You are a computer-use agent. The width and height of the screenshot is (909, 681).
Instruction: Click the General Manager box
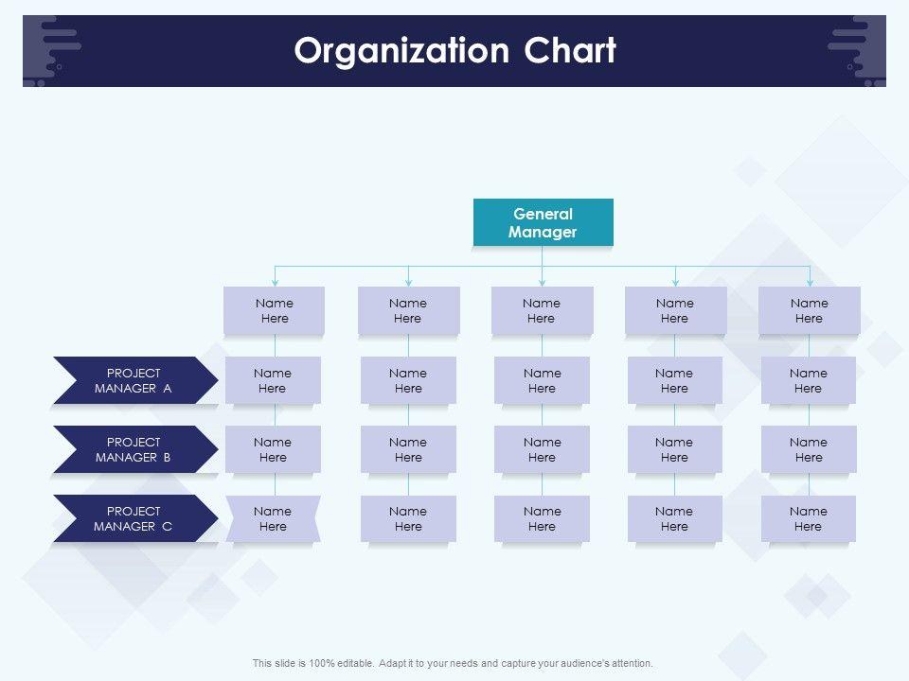point(543,222)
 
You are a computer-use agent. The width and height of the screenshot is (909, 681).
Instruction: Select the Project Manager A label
point(134,380)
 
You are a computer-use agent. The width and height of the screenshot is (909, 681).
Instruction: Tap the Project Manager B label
point(134,449)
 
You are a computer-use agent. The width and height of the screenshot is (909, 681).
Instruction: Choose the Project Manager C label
point(134,518)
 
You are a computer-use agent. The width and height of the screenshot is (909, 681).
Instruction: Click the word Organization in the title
point(401,51)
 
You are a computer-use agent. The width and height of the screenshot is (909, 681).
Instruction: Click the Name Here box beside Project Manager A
point(273,380)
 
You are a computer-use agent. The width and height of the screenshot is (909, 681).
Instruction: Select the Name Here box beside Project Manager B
point(273,449)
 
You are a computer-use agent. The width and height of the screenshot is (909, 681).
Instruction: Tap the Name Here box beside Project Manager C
point(273,518)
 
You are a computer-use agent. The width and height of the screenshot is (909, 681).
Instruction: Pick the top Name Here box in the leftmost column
point(275,310)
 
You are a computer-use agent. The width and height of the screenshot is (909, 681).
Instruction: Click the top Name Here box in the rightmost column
point(809,310)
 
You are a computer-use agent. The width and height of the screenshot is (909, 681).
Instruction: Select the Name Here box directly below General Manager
point(542,310)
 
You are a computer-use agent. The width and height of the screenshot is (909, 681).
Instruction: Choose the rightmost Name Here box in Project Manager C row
point(808,518)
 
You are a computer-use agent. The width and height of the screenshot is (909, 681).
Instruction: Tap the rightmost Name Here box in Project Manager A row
point(808,380)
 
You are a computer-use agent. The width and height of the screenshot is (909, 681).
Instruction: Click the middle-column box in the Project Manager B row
point(542,449)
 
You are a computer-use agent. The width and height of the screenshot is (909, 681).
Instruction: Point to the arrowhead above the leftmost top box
point(275,282)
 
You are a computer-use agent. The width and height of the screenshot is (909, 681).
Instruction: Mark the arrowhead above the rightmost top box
point(810,282)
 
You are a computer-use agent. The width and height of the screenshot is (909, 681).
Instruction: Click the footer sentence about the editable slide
point(453,663)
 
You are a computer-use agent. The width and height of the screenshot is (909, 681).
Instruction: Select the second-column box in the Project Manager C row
point(408,518)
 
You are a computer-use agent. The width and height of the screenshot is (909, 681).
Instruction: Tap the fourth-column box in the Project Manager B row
point(674,449)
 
